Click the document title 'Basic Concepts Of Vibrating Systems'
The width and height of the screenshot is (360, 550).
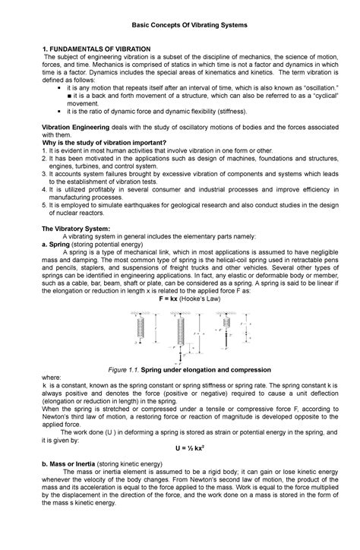coord(180,27)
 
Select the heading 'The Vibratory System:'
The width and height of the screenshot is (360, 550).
coord(76,228)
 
